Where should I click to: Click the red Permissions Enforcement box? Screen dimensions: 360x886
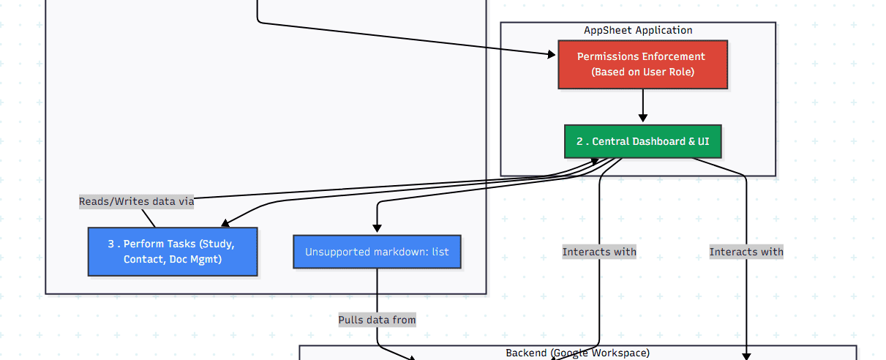[642, 64]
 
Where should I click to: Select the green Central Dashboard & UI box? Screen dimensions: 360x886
[642, 141]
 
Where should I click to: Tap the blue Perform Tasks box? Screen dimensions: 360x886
[173, 252]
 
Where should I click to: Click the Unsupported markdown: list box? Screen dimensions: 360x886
[377, 252]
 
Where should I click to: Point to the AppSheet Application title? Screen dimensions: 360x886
[638, 30]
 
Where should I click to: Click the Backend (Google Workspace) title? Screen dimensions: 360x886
[577, 353]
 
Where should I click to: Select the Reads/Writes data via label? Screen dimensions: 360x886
[137, 202]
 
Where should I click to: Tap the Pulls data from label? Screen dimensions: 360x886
[377, 320]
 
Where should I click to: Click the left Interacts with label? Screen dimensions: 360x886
[599, 252]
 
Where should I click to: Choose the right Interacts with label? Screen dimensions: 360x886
[746, 252]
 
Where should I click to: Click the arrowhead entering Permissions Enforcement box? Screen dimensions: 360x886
[552, 54]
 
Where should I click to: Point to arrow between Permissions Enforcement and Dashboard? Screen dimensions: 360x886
[643, 107]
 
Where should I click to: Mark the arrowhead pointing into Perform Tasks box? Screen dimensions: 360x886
[225, 224]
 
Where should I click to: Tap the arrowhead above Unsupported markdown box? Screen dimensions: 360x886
[378, 229]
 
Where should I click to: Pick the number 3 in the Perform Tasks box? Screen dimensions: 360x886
[111, 244]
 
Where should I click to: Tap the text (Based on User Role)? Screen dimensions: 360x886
[642, 72]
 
